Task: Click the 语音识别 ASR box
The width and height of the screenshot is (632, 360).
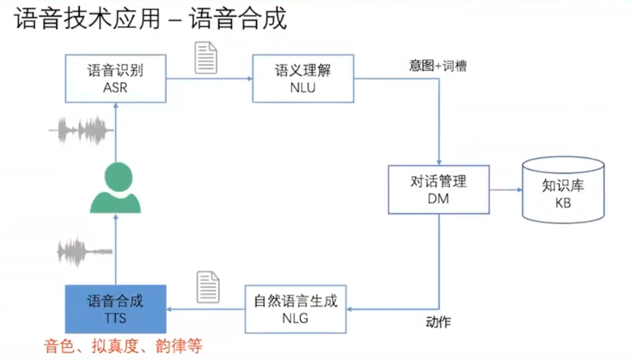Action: tap(115, 78)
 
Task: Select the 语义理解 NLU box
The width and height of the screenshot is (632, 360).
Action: tap(303, 78)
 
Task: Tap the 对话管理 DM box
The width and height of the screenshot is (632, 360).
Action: tap(438, 189)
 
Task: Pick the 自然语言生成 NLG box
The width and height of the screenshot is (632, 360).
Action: tap(295, 309)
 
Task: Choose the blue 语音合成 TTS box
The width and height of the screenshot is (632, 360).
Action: tap(115, 309)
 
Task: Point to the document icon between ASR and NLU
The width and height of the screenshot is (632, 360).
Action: tap(205, 58)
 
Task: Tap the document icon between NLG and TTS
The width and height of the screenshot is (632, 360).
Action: tap(208, 287)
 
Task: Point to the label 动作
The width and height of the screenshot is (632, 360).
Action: tap(438, 322)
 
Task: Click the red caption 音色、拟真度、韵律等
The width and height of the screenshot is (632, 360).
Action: tap(123, 346)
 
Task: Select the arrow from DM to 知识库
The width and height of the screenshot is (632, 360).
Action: tap(505, 190)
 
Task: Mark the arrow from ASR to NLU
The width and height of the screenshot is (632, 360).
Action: tap(209, 79)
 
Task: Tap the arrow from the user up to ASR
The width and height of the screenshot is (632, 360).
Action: tap(115, 131)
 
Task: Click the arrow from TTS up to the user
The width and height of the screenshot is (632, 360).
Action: tap(115, 249)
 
